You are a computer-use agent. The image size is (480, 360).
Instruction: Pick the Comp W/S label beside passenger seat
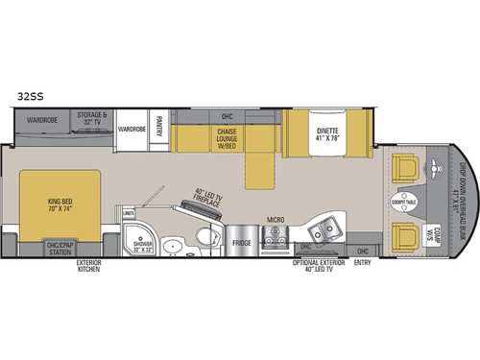(433, 234)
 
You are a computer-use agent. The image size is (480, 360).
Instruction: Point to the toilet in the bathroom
(204, 238)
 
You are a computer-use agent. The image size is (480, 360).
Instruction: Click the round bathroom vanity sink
(173, 246)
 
